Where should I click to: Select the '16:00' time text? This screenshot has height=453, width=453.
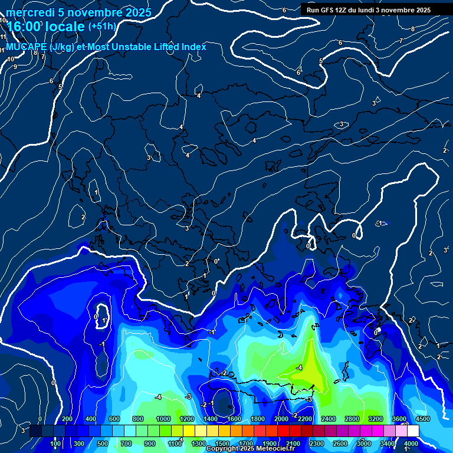pyautogui.click(x=25, y=27)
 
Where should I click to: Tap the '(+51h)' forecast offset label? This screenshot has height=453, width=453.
pyautogui.click(x=101, y=27)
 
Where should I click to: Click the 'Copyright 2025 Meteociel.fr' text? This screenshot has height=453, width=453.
pyautogui.click(x=258, y=449)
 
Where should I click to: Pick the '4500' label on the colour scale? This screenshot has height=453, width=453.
pyautogui.click(x=422, y=419)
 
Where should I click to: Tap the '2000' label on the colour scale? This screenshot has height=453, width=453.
pyautogui.click(x=281, y=419)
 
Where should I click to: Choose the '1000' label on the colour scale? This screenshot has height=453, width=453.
pyautogui.click(x=163, y=419)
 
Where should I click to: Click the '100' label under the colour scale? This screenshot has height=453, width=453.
pyautogui.click(x=56, y=443)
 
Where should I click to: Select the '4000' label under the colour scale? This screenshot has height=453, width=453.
pyautogui.click(x=411, y=443)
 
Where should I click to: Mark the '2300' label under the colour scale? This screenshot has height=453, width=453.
pyautogui.click(x=316, y=443)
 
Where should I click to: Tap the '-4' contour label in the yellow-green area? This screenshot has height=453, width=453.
pyautogui.click(x=299, y=367)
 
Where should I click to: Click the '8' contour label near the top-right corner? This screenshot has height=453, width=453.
pyautogui.click(x=412, y=29)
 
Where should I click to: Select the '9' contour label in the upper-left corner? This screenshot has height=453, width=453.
pyautogui.click(x=15, y=67)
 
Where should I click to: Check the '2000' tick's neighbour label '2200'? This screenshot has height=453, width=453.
pyautogui.click(x=304, y=419)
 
